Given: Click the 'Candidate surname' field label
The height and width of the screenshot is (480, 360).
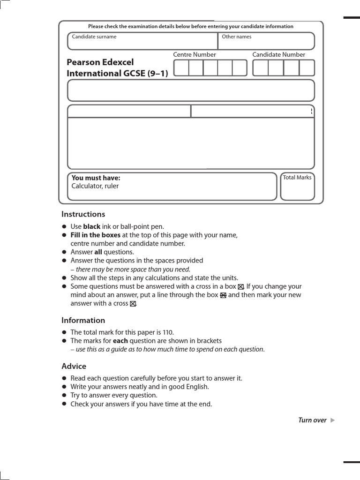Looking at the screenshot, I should (x=94, y=37).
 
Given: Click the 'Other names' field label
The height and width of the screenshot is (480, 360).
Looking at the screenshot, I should (x=236, y=37).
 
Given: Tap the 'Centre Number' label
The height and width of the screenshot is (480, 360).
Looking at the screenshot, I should (x=195, y=54).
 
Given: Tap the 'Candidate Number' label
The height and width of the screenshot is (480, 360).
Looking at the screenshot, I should (x=278, y=54).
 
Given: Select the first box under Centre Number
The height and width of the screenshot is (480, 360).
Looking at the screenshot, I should (x=181, y=68).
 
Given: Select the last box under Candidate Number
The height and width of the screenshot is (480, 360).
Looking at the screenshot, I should (x=307, y=68).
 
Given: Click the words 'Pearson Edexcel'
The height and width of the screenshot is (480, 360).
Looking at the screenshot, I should (x=100, y=62).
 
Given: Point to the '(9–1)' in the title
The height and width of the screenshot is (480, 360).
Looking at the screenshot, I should (x=158, y=74).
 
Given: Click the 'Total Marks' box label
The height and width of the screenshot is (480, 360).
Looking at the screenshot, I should (x=297, y=178).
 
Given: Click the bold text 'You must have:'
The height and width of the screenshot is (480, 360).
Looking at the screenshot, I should (x=96, y=178).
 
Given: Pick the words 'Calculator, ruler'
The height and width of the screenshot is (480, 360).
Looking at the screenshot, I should (x=95, y=186).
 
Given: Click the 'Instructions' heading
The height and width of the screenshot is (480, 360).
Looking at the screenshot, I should (x=83, y=214).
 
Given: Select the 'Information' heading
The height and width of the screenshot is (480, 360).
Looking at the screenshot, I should (x=83, y=320).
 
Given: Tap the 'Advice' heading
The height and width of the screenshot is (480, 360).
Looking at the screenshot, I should (x=74, y=366).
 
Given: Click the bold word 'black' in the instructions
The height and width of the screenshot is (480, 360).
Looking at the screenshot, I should (x=92, y=226).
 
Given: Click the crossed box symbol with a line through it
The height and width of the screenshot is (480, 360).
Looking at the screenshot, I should (x=223, y=295).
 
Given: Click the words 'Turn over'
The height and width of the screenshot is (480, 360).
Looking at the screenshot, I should (x=312, y=420).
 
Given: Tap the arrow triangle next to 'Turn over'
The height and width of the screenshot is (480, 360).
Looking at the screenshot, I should (x=332, y=420).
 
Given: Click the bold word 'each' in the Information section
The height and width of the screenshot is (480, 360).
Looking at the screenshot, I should (x=120, y=340).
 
